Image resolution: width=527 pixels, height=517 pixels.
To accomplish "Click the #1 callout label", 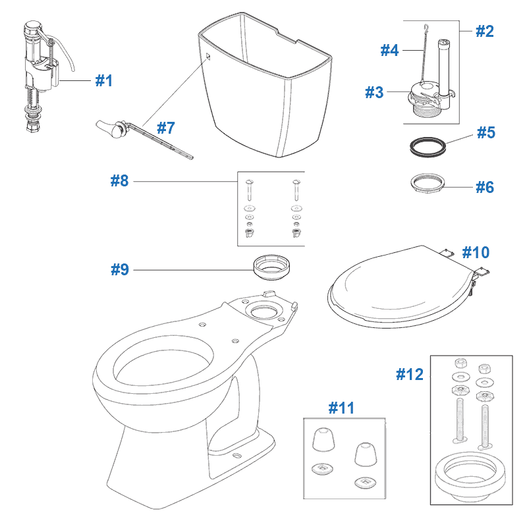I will tap(104, 80).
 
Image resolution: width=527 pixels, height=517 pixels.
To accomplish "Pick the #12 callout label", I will tap(410, 374).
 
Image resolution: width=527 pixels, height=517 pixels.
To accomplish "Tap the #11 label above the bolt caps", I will tap(341, 408).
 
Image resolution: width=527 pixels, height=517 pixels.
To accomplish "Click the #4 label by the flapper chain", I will tap(390, 50).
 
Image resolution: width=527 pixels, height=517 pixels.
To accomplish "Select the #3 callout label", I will tap(374, 93).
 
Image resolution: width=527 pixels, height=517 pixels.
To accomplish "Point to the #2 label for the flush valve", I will tap(484, 30).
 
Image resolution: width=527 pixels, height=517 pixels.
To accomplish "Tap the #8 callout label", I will tap(119, 180).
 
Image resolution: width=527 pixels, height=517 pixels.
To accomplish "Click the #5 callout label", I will tap(485, 132).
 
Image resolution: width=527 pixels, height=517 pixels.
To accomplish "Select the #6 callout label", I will tap(485, 187).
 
